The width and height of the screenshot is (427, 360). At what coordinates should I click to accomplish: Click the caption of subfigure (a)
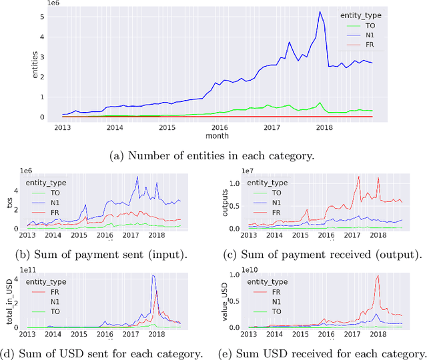213,157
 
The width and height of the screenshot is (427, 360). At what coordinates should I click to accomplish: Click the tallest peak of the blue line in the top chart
320,12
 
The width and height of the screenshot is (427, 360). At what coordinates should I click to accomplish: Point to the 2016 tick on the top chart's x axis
218,127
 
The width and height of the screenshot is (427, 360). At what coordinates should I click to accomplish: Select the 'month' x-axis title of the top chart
218,135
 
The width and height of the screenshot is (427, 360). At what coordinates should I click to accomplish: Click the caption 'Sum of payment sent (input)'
102,254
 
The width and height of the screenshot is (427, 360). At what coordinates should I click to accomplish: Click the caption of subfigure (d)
102,353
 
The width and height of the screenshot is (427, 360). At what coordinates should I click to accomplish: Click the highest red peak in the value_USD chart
378,275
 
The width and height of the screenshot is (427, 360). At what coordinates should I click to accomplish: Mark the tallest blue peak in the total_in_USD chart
153,275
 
